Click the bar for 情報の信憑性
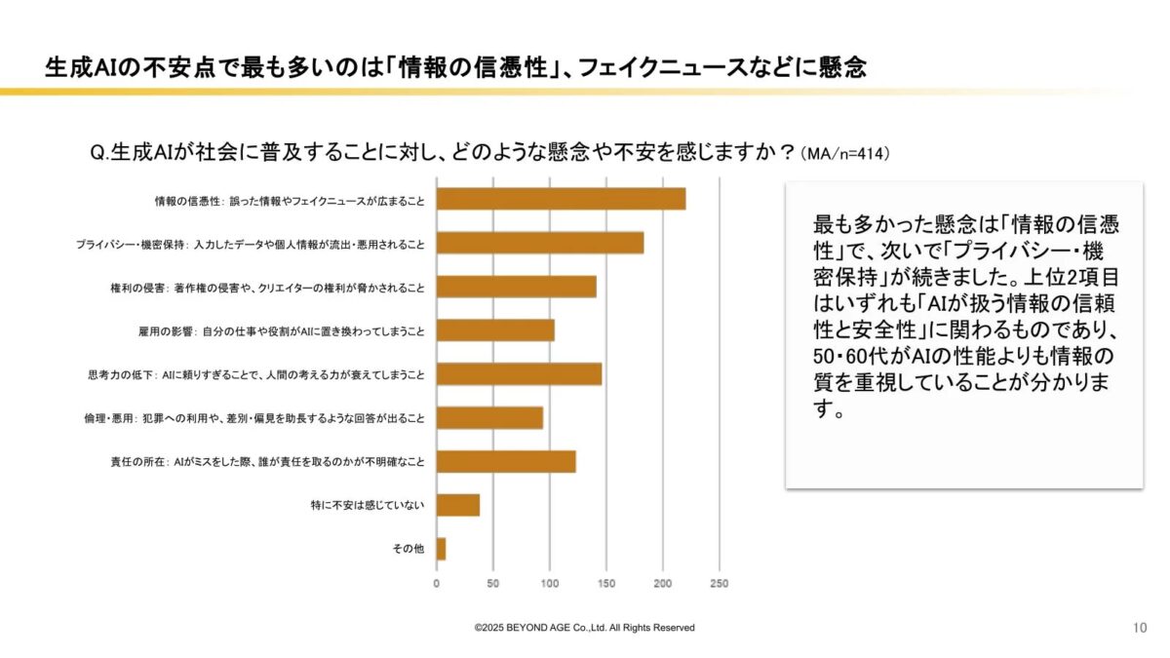coord(561,199)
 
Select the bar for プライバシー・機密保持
coord(540,243)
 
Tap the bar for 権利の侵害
coord(516,287)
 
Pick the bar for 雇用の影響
coord(495,330)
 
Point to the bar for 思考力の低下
coord(519,374)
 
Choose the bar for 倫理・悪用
coord(489,418)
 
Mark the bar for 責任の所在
coord(506,462)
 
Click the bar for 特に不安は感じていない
coord(458,505)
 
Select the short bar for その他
coord(442,549)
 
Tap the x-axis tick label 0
coord(437,584)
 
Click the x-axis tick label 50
coord(493,584)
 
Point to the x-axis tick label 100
coord(550,584)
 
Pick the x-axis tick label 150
coord(606,584)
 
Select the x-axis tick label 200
coord(663,584)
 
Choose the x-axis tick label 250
coord(720,584)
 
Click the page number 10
coord(1140,627)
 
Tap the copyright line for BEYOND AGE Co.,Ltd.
coord(585,628)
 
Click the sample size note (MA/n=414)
coord(844,154)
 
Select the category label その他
coord(409,549)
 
